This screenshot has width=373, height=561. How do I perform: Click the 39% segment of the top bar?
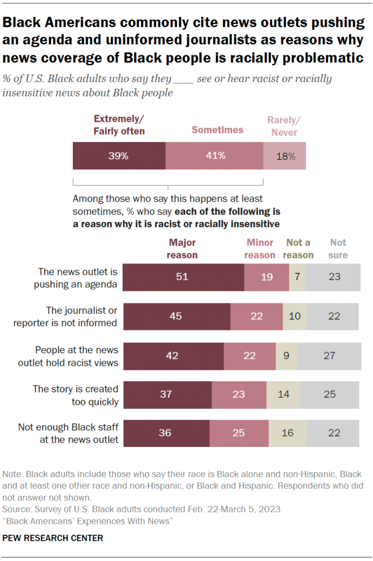(x=119, y=156)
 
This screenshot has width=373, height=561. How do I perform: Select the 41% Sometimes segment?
(x=214, y=156)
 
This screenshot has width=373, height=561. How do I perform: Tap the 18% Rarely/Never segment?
(x=284, y=156)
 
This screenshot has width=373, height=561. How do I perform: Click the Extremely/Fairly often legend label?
(x=119, y=125)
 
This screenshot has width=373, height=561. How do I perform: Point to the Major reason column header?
(x=182, y=248)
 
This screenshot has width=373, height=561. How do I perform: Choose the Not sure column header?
(x=338, y=248)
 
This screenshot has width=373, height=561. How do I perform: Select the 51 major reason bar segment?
(x=183, y=277)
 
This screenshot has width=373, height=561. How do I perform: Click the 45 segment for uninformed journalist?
(x=176, y=316)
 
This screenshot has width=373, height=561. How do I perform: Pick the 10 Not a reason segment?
(x=294, y=316)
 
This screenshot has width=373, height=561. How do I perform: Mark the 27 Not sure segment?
(x=329, y=356)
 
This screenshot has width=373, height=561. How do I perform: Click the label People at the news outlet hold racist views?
(x=77, y=356)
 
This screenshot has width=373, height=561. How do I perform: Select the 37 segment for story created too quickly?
(x=167, y=394)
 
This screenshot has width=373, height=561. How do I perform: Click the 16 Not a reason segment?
(x=287, y=433)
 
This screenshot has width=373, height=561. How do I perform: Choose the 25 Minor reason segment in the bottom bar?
(x=239, y=433)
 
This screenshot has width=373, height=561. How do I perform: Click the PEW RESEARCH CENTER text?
(x=53, y=538)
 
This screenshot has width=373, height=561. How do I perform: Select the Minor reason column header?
(x=260, y=248)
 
